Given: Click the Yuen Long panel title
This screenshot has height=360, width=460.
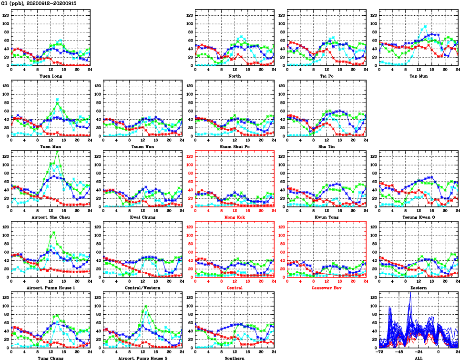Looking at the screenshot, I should click(50, 76).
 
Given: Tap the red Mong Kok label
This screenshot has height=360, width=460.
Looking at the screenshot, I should click(234, 217).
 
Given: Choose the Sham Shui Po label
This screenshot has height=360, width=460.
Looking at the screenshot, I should click(234, 146).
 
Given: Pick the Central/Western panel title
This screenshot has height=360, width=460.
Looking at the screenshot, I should click(142, 288).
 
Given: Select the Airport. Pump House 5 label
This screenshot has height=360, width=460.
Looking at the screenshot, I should click(142, 358).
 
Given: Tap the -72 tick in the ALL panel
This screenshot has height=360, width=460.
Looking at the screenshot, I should click(380, 352).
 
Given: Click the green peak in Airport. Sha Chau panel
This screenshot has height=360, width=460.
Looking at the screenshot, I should click(58, 152).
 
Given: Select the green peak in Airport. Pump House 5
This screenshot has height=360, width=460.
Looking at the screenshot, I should click(145, 306).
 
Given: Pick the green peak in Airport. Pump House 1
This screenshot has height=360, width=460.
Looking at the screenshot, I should click(54, 233).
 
